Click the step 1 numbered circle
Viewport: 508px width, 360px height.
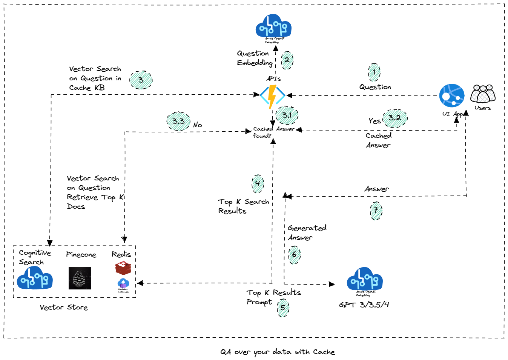374,72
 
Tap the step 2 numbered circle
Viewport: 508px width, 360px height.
287,60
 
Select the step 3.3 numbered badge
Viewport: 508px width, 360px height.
178,121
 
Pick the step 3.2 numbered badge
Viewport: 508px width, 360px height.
395,118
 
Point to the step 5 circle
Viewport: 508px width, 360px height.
283,308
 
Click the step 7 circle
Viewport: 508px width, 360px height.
376,211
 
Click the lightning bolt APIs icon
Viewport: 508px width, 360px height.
272,96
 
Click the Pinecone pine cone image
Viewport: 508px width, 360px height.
80,278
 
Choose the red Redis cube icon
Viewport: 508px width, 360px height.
123,268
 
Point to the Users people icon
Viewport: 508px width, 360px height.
483,94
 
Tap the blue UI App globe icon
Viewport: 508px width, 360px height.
452,96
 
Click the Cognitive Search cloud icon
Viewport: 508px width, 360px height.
35,278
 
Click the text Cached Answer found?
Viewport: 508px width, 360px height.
273,132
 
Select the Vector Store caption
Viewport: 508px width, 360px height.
64,308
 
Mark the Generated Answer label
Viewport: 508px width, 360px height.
307,233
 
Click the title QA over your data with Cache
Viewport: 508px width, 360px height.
278,352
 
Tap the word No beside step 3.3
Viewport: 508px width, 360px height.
198,125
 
